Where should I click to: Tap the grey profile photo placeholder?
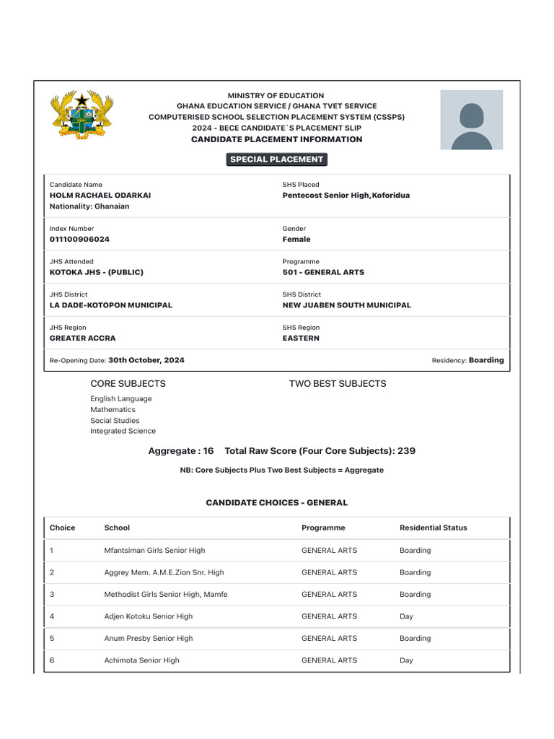472,120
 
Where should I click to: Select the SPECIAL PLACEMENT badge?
277,159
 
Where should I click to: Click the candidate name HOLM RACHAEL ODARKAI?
100,196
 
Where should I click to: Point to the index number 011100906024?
79,240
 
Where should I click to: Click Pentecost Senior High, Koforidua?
346,196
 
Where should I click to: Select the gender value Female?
296,240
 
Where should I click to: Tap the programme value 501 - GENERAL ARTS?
323,273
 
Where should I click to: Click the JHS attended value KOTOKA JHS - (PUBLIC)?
96,273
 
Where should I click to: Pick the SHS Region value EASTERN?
301,338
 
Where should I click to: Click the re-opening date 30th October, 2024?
146,360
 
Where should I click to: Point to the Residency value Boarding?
486,360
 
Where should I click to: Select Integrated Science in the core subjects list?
123,432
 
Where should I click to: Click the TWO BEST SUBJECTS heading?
338,384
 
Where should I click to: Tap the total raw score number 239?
406,451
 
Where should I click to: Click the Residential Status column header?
433,528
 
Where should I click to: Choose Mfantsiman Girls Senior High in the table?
154,551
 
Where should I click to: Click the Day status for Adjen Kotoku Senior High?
406,617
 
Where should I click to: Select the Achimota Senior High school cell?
142,661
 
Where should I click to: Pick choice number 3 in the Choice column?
52,595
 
